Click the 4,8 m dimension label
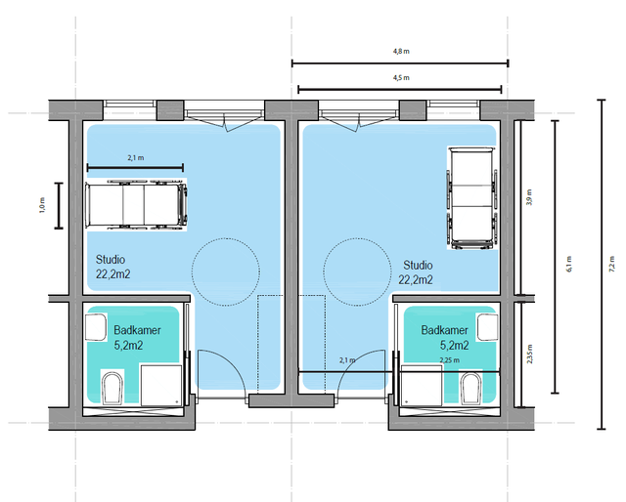coord(401,51)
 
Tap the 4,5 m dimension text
coord(401,78)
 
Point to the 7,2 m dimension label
coord(611,264)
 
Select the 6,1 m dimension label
coord(569,264)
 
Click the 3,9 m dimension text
coord(529,197)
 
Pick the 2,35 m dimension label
coord(529,354)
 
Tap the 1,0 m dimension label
coord(42,205)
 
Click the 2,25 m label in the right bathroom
coord(450,360)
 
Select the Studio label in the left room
coord(111,260)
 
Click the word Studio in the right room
coord(418,265)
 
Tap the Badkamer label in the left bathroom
coord(137,330)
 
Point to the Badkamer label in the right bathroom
coord(445,330)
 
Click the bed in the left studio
coord(136,205)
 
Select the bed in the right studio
coord(472,197)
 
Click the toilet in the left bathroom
coord(112,388)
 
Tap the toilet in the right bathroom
coord(471,388)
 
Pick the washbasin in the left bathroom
coord(96,327)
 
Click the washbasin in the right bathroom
coord(488,327)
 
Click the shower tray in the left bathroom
coord(161,385)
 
